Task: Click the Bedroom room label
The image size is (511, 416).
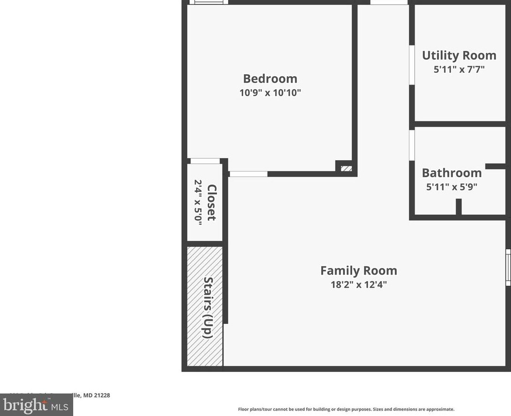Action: pos(270,79)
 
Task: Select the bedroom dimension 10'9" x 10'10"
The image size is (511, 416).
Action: pos(270,92)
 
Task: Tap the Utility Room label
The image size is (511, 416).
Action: pos(459,55)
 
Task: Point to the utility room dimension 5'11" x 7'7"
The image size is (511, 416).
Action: pos(459,69)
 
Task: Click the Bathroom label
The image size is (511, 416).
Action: pos(451,173)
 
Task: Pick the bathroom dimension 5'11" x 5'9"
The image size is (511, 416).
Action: pos(451,186)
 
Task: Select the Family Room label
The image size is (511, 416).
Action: pos(358,270)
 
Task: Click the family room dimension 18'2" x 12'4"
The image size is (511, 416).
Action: pos(358,284)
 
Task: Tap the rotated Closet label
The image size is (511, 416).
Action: pos(212,202)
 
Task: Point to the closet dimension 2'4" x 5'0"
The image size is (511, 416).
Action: pos(198,201)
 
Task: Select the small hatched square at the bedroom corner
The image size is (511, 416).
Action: pos(346,168)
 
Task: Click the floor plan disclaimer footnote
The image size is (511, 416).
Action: pos(346,409)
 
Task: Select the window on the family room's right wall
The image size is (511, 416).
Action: pos(508,267)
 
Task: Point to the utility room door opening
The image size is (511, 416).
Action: pos(412,65)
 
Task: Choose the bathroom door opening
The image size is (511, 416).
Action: pos(412,145)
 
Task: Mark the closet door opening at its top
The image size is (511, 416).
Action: pos(205,161)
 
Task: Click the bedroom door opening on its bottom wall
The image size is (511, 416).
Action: pos(248,174)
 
